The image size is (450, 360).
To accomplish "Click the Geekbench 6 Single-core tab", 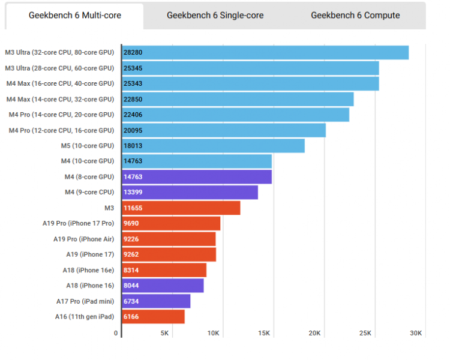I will [215, 16].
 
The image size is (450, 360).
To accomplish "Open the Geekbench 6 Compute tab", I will [355, 16].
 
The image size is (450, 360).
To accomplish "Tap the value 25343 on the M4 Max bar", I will [133, 83].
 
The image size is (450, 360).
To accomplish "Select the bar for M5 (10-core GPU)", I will [213, 146].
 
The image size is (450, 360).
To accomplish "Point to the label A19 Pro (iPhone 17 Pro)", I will [78, 223].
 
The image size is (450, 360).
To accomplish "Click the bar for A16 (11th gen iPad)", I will [153, 316].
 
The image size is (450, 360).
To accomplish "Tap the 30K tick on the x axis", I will [416, 333].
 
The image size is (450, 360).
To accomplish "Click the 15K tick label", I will [265, 333].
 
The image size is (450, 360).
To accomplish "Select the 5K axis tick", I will [164, 333].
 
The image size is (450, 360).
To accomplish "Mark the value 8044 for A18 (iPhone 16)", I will [131, 286].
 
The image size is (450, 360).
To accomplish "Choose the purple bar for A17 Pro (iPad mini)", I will [156, 301].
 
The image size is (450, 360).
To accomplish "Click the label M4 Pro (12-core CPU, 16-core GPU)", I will [61, 130].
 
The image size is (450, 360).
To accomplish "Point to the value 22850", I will [133, 99].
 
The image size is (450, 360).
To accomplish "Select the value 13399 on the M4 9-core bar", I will [133, 192].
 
